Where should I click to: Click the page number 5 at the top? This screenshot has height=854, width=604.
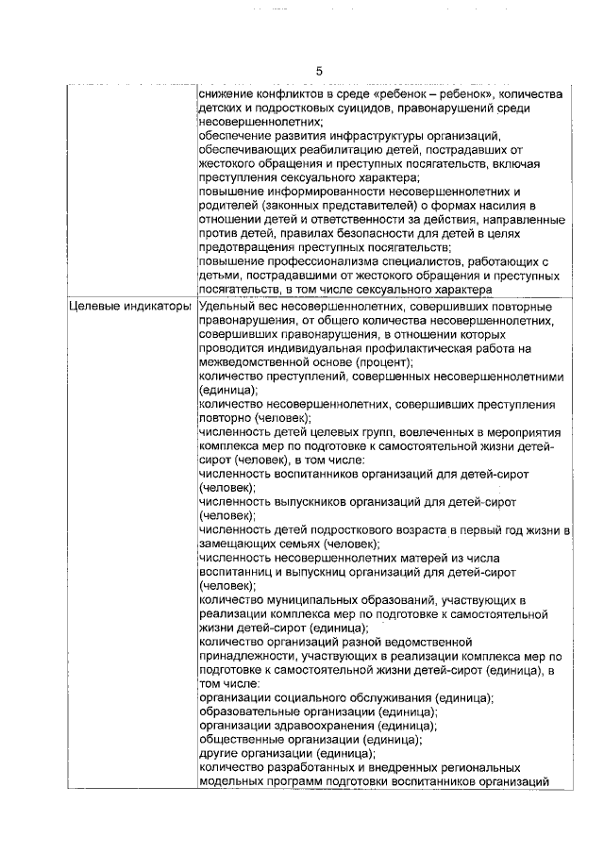[x=319, y=72]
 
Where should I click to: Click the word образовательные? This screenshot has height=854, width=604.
[x=250, y=712]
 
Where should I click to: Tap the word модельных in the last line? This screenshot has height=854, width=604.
[x=235, y=780]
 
